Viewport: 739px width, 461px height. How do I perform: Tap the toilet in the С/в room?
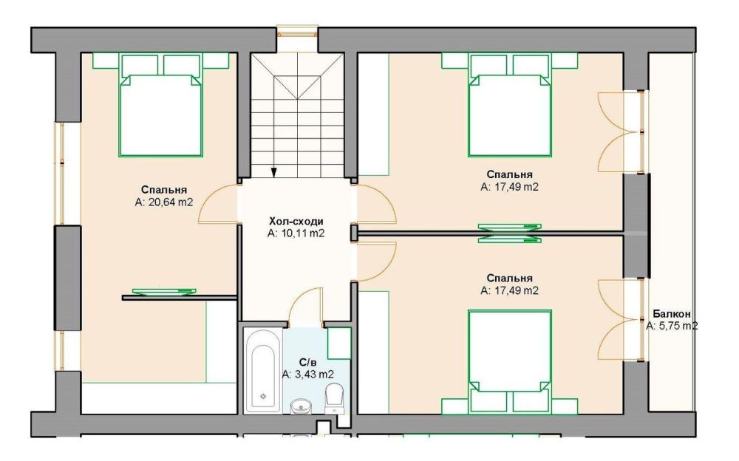pyautogui.click(x=334, y=398)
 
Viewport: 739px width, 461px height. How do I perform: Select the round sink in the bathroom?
pyautogui.click(x=299, y=406)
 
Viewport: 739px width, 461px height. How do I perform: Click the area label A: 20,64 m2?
pyautogui.click(x=164, y=202)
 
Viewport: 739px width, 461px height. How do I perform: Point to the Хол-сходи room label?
pyautogui.click(x=296, y=221)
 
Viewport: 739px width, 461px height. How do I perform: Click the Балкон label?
pyautogui.click(x=672, y=314)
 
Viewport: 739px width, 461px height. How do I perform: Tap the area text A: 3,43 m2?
pyautogui.click(x=307, y=375)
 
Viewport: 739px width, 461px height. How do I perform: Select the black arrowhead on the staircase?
pyautogui.click(x=274, y=172)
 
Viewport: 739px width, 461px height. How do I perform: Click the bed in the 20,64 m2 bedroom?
pyautogui.click(x=160, y=105)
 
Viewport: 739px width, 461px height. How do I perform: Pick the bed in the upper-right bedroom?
pyautogui.click(x=509, y=105)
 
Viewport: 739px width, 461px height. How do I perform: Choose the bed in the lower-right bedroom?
pyautogui.click(x=509, y=361)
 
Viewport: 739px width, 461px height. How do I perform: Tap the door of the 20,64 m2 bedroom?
pyautogui.click(x=219, y=203)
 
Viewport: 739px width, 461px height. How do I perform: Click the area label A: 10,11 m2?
pyautogui.click(x=296, y=233)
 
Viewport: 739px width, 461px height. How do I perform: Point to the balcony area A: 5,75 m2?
pyautogui.click(x=672, y=326)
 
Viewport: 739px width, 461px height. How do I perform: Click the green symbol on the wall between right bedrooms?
pyautogui.click(x=509, y=233)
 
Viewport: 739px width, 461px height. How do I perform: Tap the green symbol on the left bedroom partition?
pyautogui.click(x=164, y=293)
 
